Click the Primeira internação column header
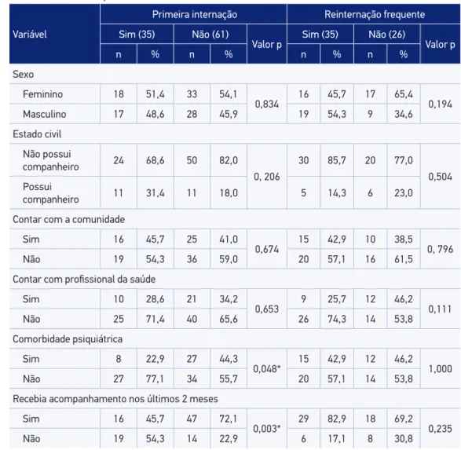(194, 14)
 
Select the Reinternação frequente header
(375, 14)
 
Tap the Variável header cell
(30, 35)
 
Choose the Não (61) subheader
(210, 35)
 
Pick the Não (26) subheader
(387, 35)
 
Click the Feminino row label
(42, 94)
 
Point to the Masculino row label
(45, 114)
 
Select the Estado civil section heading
(37, 134)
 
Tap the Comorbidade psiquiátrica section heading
(68, 339)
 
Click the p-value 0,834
(267, 104)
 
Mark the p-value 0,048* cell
(267, 368)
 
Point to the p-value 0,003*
(267, 429)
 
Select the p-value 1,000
(440, 368)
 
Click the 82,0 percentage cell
(229, 160)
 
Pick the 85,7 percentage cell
(337, 160)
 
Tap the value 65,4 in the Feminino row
(404, 94)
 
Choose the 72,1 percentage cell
(229, 419)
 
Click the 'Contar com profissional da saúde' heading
(84, 279)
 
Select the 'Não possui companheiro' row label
(51, 160)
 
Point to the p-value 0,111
(440, 309)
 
